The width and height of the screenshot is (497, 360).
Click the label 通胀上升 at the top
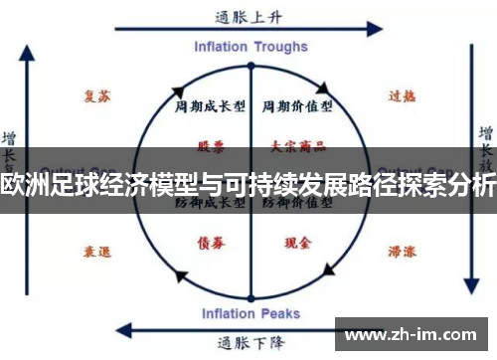click(x=248, y=17)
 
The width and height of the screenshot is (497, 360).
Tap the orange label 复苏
click(x=96, y=96)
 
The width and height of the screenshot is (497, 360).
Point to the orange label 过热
click(x=401, y=96)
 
